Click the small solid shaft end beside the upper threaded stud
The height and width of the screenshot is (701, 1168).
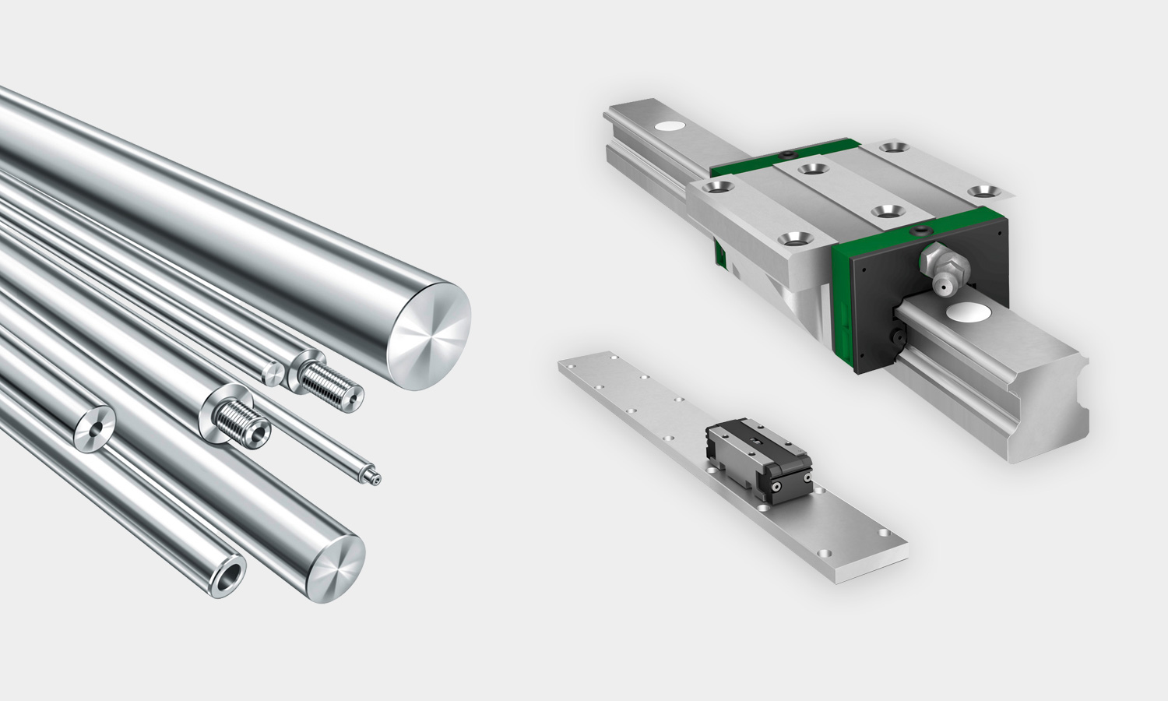pyautogui.click(x=273, y=373)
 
